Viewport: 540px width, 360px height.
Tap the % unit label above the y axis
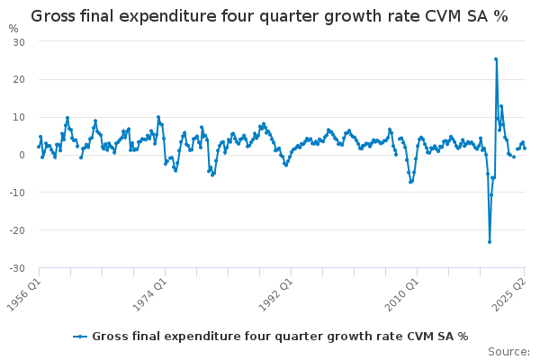click(13, 28)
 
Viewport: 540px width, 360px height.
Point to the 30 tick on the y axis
click(18, 42)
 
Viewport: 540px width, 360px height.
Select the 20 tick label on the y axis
click(18, 79)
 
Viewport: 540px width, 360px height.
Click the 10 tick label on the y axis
click(18, 117)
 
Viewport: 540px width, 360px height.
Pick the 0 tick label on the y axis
click(21, 155)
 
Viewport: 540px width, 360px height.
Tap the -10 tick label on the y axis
click(16, 193)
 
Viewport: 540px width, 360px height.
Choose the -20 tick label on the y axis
click(16, 230)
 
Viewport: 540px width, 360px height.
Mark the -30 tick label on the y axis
click(16, 268)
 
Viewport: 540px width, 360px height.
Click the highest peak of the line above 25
click(496, 59)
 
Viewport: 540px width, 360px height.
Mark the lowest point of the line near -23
click(490, 241)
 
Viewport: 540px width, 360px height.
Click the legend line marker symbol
click(81, 336)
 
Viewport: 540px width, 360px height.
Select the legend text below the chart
click(279, 336)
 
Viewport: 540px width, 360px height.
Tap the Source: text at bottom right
click(508, 352)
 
